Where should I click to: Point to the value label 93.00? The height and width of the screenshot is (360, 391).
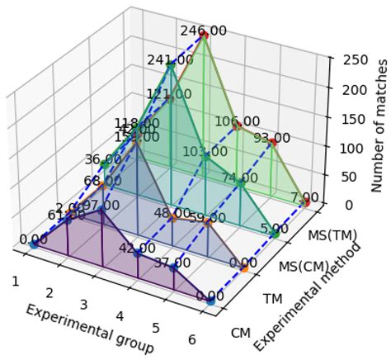[x=271, y=138]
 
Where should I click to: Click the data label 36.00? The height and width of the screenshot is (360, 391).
[x=103, y=159]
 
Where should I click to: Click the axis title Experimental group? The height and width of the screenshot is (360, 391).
[x=88, y=328]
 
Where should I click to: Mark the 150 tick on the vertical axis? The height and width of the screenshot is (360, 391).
[x=344, y=118]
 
